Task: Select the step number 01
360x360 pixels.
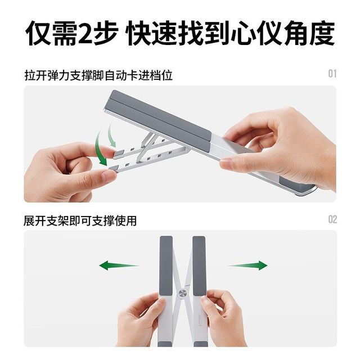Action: pyautogui.click(x=332, y=74)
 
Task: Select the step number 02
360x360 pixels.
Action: pyautogui.click(x=332, y=219)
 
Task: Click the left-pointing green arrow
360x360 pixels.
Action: pyautogui.click(x=119, y=265)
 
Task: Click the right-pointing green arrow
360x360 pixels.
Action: pyautogui.click(x=247, y=265)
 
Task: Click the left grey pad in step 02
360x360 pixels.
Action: pyautogui.click(x=166, y=265)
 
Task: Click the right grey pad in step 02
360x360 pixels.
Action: pyautogui.click(x=199, y=265)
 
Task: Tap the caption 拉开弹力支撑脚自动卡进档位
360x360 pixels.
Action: pyautogui.click(x=98, y=76)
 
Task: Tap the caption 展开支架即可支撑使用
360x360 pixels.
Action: pyautogui.click(x=80, y=221)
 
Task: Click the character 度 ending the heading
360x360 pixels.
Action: pyautogui.click(x=322, y=33)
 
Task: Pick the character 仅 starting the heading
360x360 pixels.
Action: pyautogui.click(x=38, y=33)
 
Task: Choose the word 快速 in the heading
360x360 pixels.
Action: pyautogui.click(x=152, y=33)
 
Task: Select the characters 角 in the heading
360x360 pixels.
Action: pyautogui.click(x=296, y=33)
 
